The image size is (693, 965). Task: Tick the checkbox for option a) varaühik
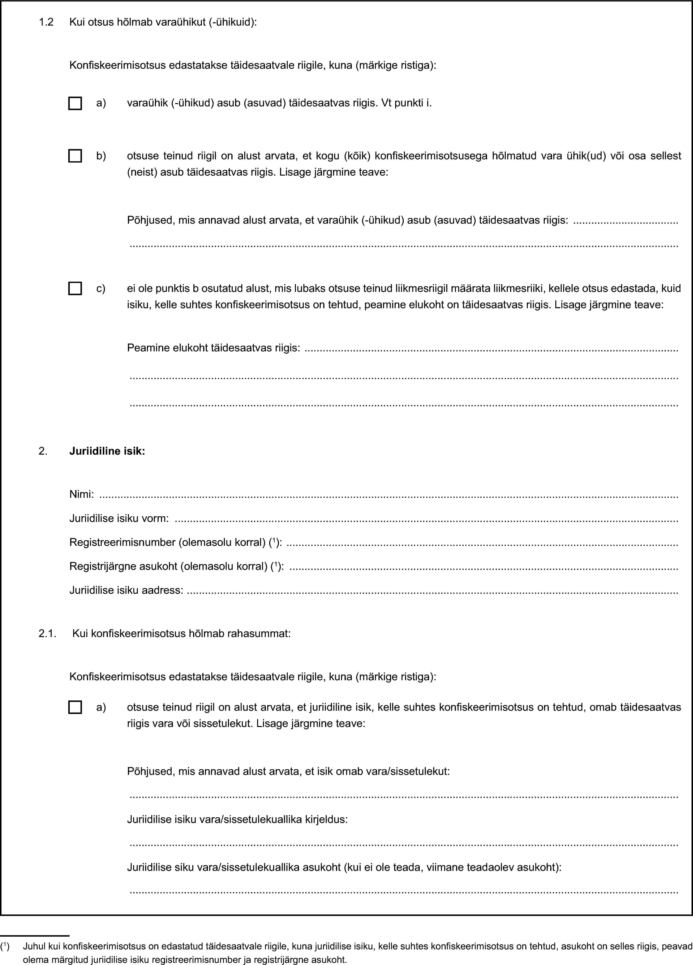(x=75, y=103)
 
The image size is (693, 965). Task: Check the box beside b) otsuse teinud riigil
(x=75, y=156)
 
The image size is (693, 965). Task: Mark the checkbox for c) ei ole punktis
(x=75, y=288)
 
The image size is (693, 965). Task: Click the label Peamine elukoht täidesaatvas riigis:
(x=214, y=348)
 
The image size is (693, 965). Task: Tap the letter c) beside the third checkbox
(x=101, y=288)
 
